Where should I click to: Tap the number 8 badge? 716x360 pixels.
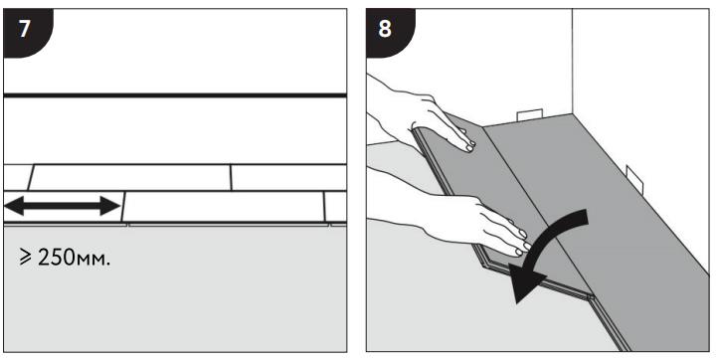tap(388, 31)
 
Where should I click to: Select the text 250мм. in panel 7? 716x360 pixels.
tap(74, 259)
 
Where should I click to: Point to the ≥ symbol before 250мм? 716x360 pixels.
tap(26, 259)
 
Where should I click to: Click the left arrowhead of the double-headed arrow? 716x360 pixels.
tap(14, 206)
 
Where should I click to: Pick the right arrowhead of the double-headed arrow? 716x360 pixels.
tap(110, 206)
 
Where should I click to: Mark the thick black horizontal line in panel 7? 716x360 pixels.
tap(175, 95)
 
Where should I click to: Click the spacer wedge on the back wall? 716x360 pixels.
tap(530, 115)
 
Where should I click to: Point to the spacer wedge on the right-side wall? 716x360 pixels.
tap(634, 179)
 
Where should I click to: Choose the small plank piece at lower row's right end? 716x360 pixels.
tap(336, 207)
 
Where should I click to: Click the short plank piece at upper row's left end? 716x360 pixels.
tap(17, 177)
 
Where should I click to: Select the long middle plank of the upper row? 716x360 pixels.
tap(130, 177)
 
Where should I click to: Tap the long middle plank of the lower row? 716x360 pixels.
tap(224, 207)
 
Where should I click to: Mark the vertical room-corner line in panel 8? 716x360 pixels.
tap(573, 61)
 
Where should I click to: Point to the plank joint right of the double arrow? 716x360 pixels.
tap(123, 207)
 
